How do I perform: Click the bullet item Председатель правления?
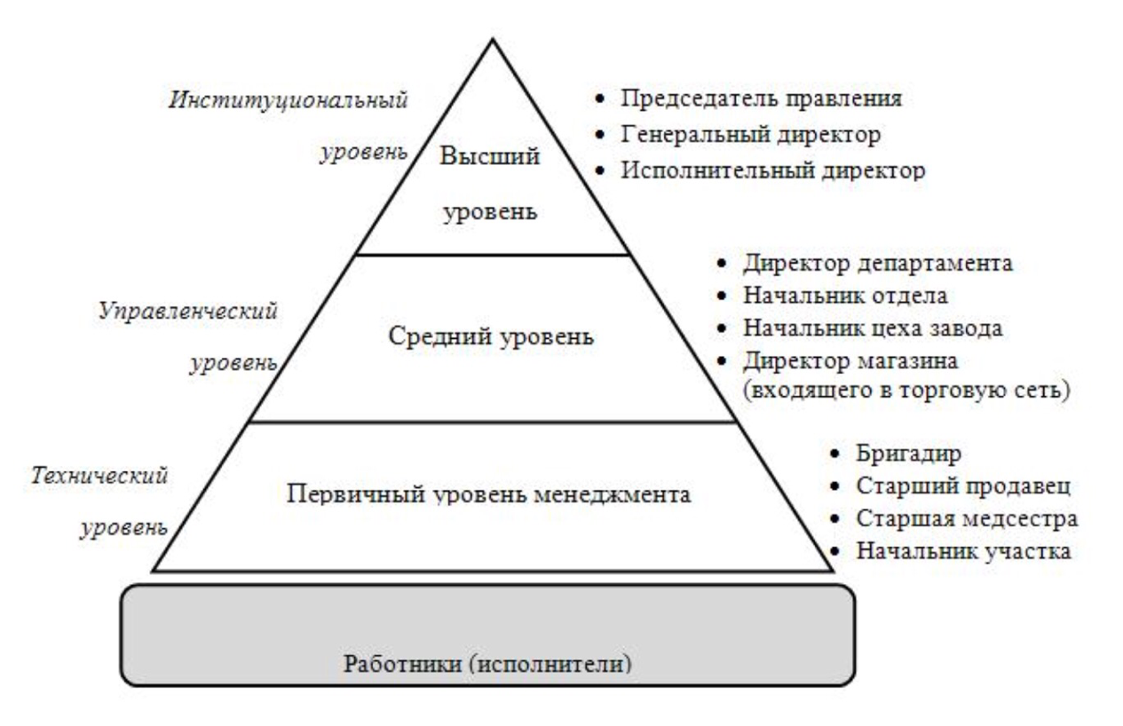[761, 99]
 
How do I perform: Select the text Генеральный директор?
[750, 135]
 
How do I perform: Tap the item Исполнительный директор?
[773, 171]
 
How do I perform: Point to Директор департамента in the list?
[878, 264]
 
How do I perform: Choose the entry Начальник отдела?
[845, 296]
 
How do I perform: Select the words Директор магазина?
[850, 361]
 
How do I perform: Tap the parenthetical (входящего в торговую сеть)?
[906, 391]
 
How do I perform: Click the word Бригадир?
[908, 454]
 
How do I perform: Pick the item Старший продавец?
[963, 486]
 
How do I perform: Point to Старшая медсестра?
[967, 519]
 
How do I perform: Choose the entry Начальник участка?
[963, 551]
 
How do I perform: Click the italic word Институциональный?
[289, 99]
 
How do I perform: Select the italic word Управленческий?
[188, 311]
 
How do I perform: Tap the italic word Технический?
[99, 476]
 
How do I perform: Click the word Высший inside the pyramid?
[490, 156]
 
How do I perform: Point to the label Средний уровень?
[491, 336]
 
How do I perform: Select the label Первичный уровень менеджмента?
[489, 494]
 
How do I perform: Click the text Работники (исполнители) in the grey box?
[487, 664]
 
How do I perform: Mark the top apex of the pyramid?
[493, 39]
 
